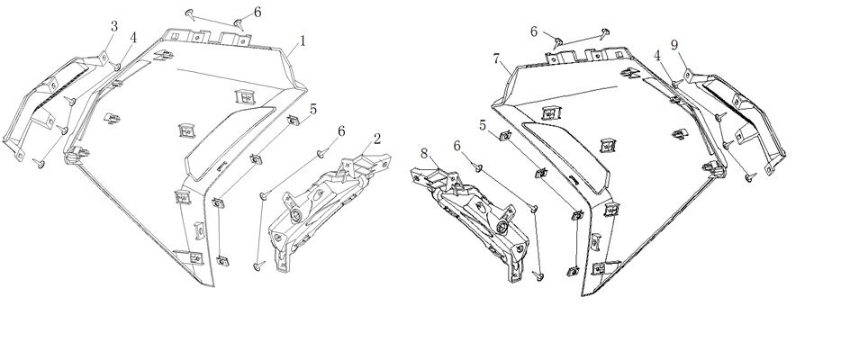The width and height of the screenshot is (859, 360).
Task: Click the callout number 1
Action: [x=303, y=40]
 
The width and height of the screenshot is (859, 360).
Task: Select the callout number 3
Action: [x=113, y=26]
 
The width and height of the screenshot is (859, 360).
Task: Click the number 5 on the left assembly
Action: [x=312, y=109]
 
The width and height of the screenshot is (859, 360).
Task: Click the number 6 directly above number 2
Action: [x=341, y=132]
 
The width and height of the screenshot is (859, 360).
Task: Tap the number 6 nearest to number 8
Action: [x=457, y=146]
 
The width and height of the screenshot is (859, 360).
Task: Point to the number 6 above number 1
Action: [x=258, y=12]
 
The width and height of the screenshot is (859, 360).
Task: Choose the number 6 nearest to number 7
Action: [x=534, y=31]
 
